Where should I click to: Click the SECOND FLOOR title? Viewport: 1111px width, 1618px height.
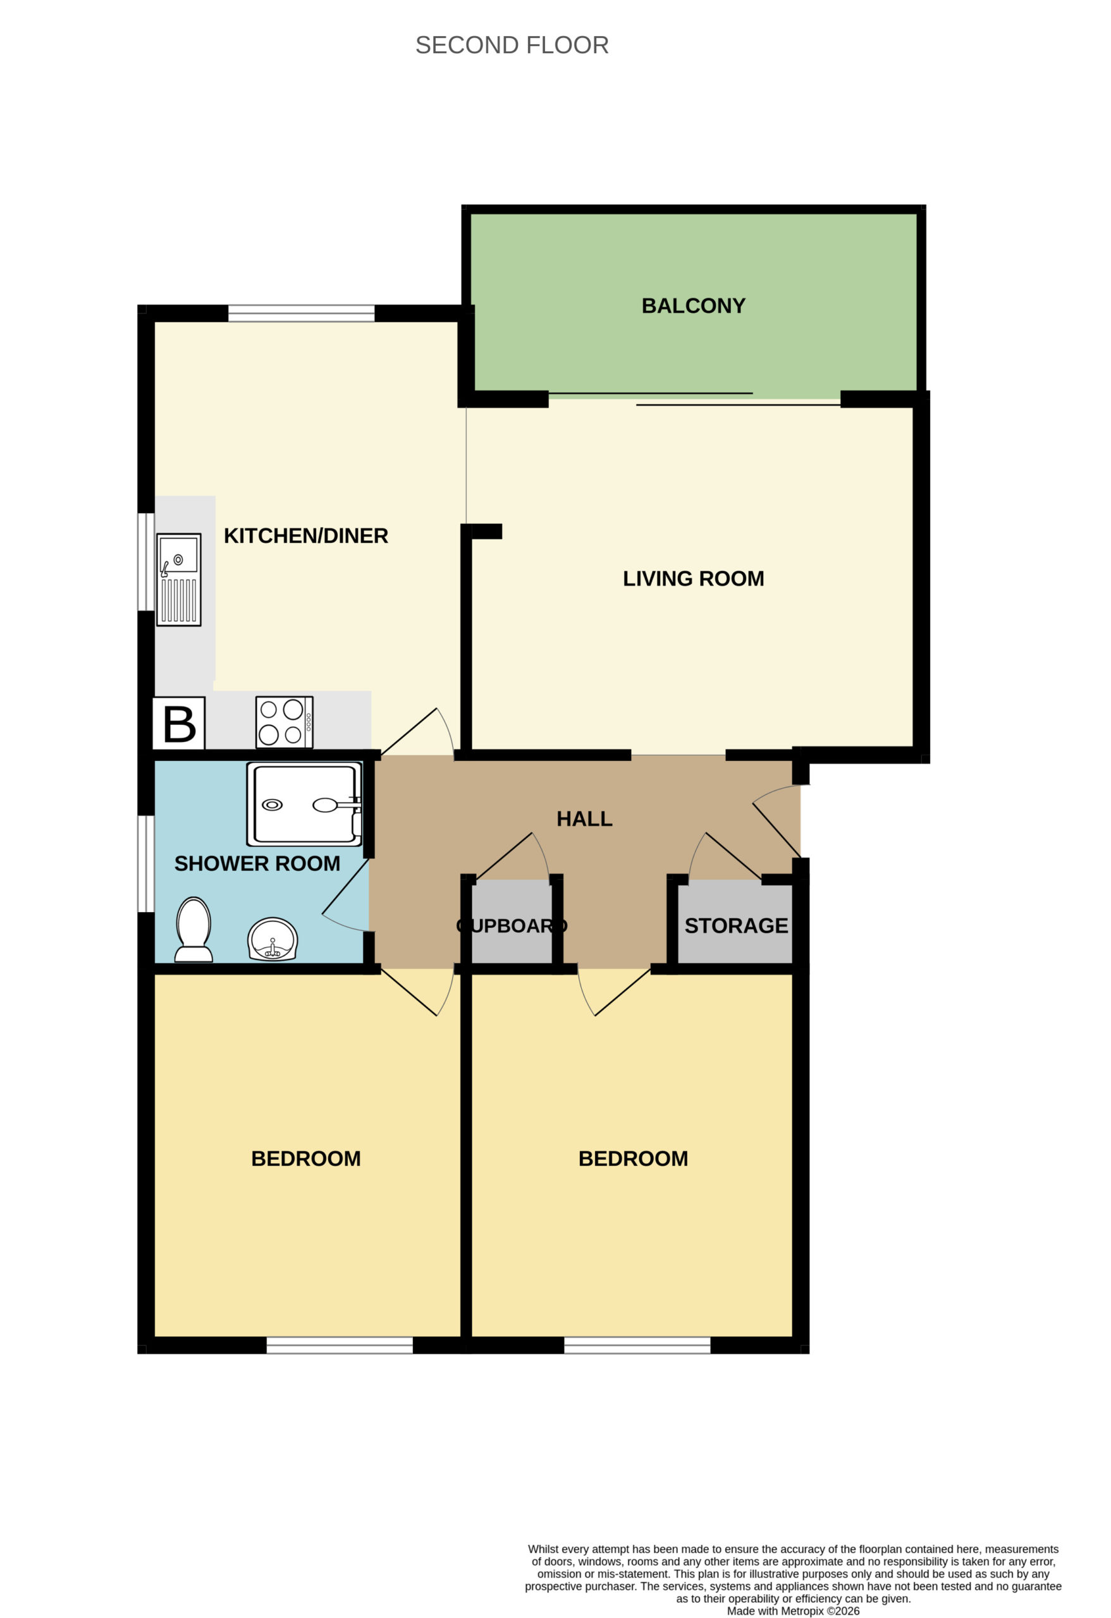point(512,46)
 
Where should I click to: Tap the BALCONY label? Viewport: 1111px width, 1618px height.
point(693,306)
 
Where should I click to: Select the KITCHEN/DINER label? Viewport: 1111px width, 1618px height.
point(306,535)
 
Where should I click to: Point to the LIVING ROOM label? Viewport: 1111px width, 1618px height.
point(693,578)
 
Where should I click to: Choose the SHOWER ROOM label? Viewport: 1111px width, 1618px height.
point(257,863)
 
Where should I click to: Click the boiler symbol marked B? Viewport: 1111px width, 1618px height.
point(179,724)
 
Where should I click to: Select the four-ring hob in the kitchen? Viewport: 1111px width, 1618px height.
point(284,722)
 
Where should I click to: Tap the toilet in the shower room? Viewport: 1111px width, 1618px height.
point(193,930)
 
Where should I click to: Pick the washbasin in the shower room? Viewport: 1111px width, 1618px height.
point(273,939)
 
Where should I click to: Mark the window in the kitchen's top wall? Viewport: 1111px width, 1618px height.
point(301,313)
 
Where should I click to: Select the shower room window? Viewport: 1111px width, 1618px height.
point(145,863)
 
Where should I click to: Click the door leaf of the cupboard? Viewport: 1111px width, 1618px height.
point(505,856)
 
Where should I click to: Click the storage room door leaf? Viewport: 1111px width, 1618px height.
point(734,856)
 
